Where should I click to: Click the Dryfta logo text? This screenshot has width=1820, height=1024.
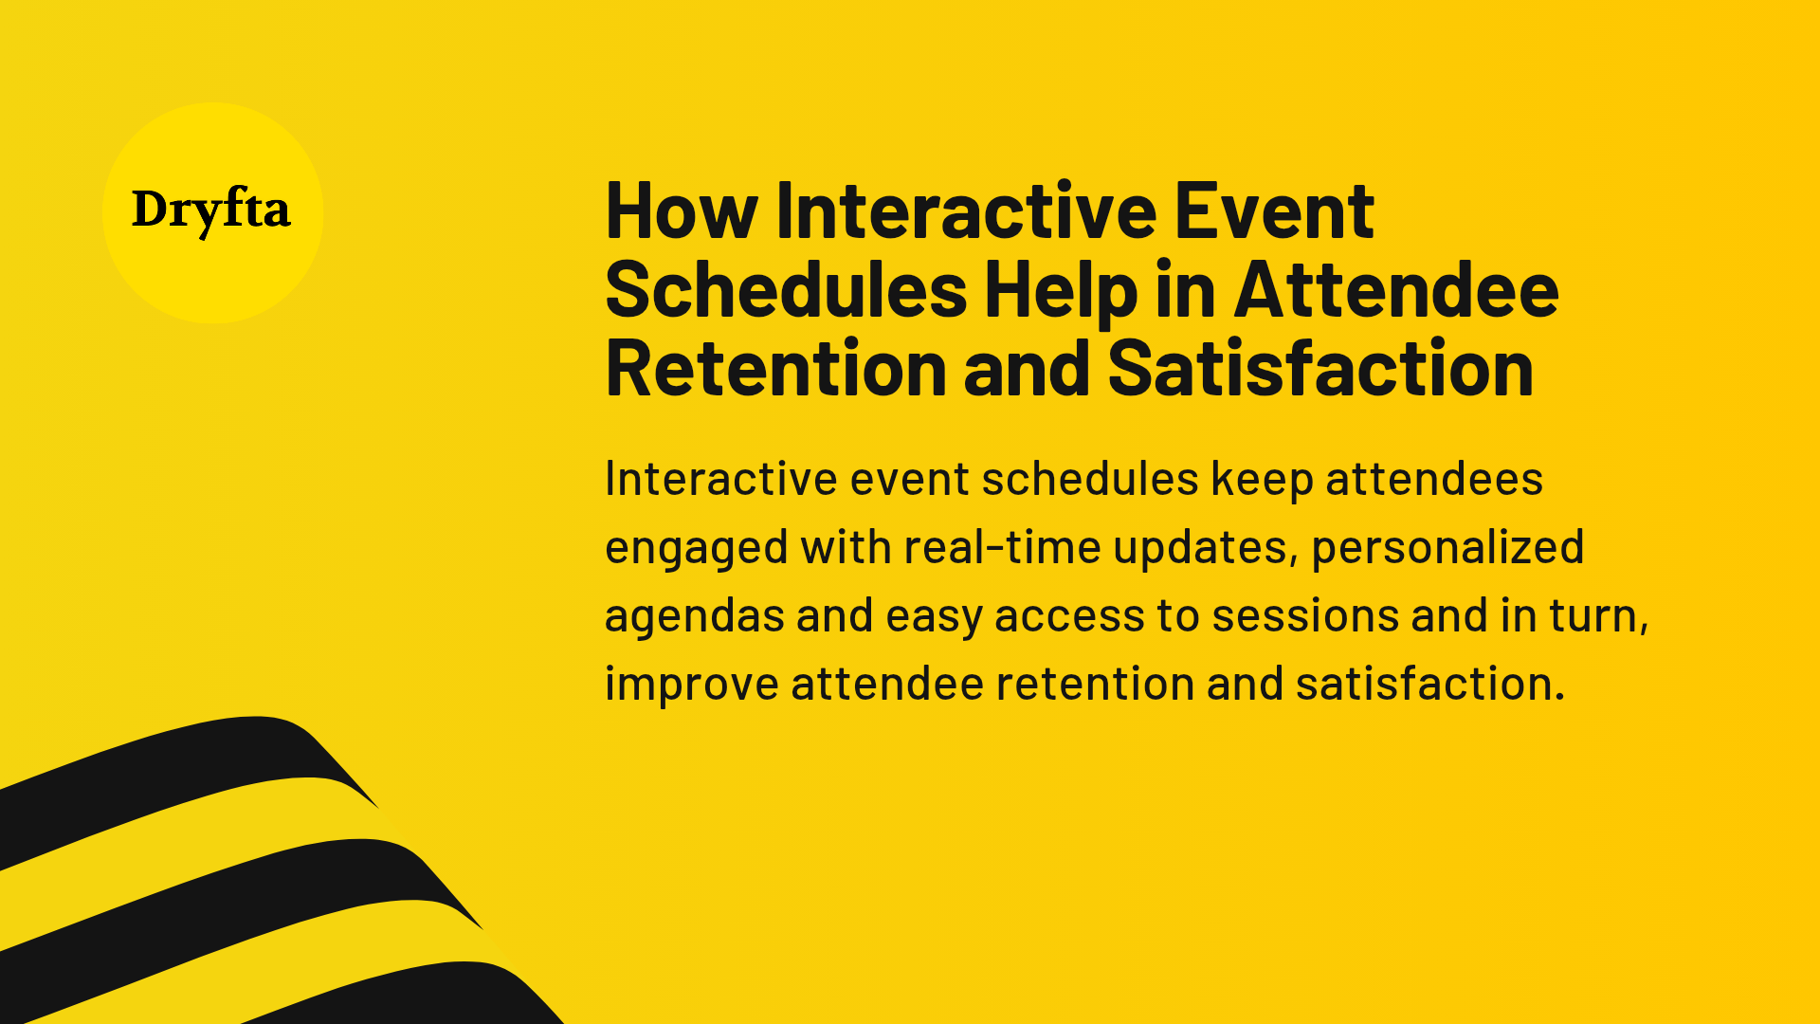(x=210, y=210)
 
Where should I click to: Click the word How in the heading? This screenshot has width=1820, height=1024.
(x=681, y=212)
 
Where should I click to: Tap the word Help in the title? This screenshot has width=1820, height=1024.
(x=1060, y=291)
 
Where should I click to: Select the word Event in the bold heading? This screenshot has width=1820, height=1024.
(x=1274, y=212)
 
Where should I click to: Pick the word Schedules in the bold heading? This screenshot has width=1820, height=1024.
(x=786, y=291)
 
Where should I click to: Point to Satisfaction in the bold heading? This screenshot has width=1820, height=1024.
(x=1319, y=370)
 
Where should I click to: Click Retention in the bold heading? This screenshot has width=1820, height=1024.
(x=775, y=370)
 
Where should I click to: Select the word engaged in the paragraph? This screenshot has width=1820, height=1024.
(x=696, y=549)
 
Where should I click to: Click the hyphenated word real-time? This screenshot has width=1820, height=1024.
(x=1002, y=548)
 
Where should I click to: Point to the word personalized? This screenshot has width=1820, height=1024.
(x=1447, y=548)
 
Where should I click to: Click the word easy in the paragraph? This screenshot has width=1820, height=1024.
(x=933, y=617)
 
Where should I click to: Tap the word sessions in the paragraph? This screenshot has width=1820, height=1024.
(x=1304, y=616)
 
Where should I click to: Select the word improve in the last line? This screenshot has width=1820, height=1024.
(x=691, y=686)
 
